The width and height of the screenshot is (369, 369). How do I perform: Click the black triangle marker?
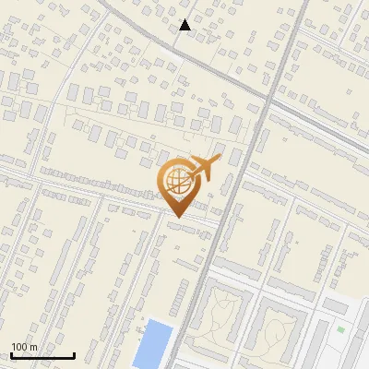tap(185, 25)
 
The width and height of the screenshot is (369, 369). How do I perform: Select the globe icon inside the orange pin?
tap(177, 180)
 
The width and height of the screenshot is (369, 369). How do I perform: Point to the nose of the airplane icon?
tap(220, 160)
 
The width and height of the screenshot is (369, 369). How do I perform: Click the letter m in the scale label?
tap(33, 347)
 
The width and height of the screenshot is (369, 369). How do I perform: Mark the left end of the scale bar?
tap(11, 355)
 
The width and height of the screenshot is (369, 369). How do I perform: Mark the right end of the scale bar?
tap(74, 355)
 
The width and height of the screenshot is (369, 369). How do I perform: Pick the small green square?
tap(340, 329)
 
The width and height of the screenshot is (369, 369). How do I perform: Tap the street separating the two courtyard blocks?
tap(255, 318)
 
